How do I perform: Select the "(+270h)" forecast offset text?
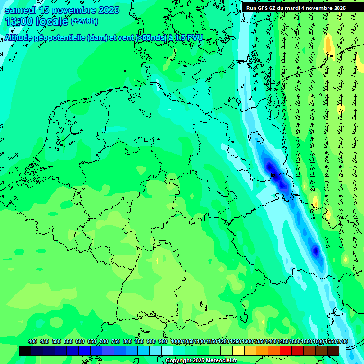pyautogui.click(x=84, y=21)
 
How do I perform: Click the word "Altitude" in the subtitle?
pyautogui.click(x=21, y=37)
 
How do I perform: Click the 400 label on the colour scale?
pyautogui.click(x=33, y=342)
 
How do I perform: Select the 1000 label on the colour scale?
pyautogui.click(x=176, y=342)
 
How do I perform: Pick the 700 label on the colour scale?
pyautogui.click(x=104, y=342)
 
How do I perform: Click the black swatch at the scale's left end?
pyautogui.click(x=25, y=351)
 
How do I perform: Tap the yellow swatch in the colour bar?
pyautogui.click(x=238, y=351)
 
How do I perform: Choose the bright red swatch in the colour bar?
pyautogui.click(x=286, y=351)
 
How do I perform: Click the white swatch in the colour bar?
pyautogui.click(x=167, y=351)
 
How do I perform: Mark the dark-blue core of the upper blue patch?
pyautogui.click(x=271, y=167)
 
